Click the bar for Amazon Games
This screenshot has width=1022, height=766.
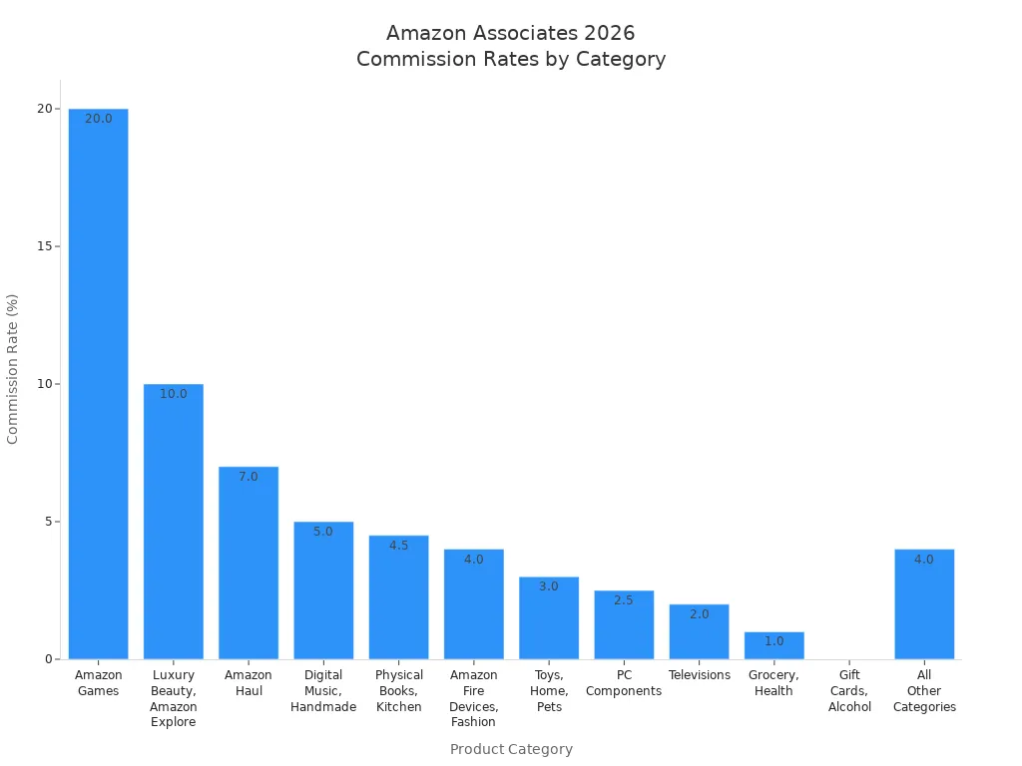(98, 384)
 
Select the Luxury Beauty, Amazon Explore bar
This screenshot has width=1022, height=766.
(173, 522)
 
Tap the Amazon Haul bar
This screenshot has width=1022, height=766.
(249, 563)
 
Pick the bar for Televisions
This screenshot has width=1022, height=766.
(699, 631)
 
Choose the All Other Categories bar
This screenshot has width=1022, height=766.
(924, 604)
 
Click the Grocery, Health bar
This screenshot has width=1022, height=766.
(773, 645)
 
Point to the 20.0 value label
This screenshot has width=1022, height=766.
(99, 119)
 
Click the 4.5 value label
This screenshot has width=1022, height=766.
(398, 546)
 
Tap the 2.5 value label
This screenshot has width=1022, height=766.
(624, 600)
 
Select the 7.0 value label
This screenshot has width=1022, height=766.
(249, 477)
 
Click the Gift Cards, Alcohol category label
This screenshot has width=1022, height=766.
(849, 691)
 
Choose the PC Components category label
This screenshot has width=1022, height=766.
(624, 683)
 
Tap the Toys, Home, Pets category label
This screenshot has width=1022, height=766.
(549, 691)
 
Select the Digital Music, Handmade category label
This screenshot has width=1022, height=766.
(323, 691)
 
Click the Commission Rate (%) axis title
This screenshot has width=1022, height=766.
(13, 369)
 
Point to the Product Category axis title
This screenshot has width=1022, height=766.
(511, 749)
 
